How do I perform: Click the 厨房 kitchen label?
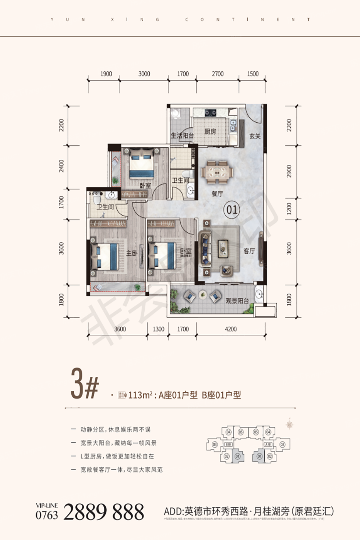(x=210, y=132)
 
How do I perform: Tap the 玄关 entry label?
(x=255, y=136)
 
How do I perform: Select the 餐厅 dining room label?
(x=217, y=194)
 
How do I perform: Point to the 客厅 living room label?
(x=249, y=251)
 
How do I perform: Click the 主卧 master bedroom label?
(x=132, y=253)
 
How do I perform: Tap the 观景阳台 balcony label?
(x=237, y=300)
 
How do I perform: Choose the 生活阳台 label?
(x=182, y=135)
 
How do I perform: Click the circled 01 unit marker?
(x=232, y=210)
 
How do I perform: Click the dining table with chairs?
(x=218, y=172)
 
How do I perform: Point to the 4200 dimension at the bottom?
(x=230, y=329)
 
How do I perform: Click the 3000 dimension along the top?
(x=144, y=74)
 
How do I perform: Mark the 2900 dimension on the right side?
(x=289, y=171)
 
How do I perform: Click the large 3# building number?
(x=85, y=384)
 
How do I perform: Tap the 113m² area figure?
(x=139, y=395)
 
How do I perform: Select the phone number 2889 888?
(x=103, y=512)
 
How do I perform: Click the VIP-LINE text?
(x=46, y=506)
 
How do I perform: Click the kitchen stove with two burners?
(x=210, y=113)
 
